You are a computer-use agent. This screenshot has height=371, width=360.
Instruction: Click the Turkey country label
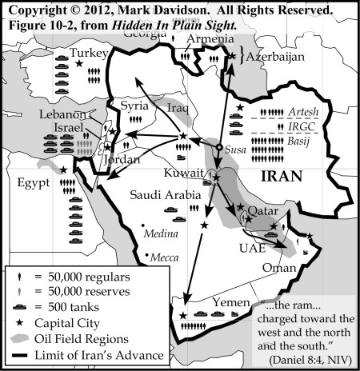click(x=90, y=54)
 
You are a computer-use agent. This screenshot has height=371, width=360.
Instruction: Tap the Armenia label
click(x=205, y=40)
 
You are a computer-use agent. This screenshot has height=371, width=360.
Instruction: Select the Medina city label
click(x=156, y=234)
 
